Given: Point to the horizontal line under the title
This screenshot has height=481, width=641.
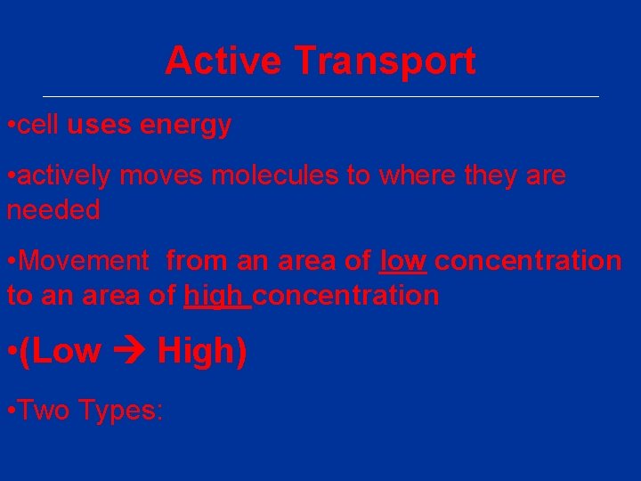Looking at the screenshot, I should (x=320, y=96).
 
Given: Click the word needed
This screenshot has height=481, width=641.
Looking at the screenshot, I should (x=53, y=210).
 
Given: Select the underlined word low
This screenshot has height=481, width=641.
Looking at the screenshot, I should (x=403, y=261).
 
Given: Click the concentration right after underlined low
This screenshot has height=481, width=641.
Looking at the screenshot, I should (x=528, y=261).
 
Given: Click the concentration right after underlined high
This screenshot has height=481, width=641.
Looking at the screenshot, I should (x=347, y=295).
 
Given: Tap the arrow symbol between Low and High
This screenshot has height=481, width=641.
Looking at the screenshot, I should (x=129, y=353).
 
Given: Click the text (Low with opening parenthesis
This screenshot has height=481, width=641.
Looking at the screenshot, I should (x=59, y=352).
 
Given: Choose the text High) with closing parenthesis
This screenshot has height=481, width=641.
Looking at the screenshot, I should (x=202, y=352).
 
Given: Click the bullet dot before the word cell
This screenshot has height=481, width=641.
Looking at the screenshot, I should (x=10, y=126).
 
